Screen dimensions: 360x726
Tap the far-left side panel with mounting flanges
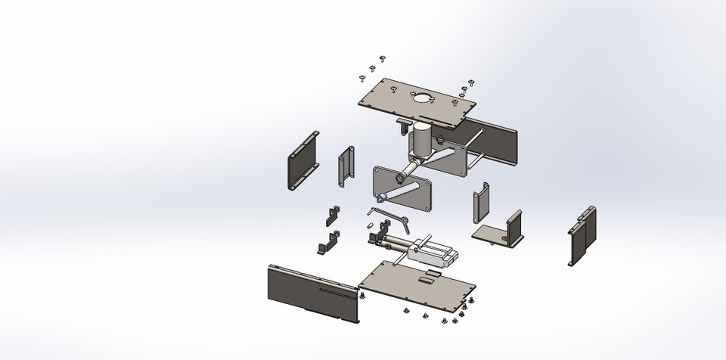point(303,162)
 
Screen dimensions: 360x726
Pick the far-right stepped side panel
point(582,235)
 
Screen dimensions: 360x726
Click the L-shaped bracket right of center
point(500,231)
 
